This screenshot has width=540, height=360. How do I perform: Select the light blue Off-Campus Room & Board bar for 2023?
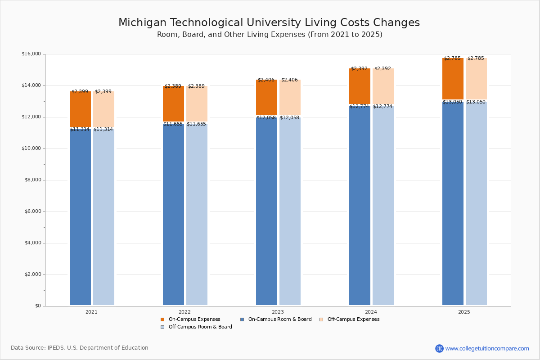pyautogui.click(x=290, y=211)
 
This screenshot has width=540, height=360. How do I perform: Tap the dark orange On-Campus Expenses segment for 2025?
pyautogui.click(x=453, y=79)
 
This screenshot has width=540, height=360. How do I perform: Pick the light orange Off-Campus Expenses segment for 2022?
pyautogui.click(x=197, y=103)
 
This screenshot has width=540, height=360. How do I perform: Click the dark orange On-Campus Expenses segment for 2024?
pyautogui.click(x=360, y=86)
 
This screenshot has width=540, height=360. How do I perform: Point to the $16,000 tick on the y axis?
pyautogui.click(x=31, y=54)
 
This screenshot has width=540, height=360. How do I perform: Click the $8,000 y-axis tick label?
pyautogui.click(x=32, y=180)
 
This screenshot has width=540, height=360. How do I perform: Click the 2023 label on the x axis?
pyautogui.click(x=278, y=312)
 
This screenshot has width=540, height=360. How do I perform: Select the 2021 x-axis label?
pyautogui.click(x=91, y=312)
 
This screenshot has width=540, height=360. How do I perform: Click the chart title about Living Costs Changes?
pyautogui.click(x=269, y=23)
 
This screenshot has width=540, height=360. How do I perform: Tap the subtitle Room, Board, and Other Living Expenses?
pyautogui.click(x=270, y=35)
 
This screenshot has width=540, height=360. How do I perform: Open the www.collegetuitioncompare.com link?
pyautogui.click(x=487, y=348)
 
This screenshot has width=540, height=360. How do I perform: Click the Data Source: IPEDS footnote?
pyautogui.click(x=80, y=348)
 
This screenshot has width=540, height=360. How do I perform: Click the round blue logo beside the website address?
pyautogui.click(x=439, y=348)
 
